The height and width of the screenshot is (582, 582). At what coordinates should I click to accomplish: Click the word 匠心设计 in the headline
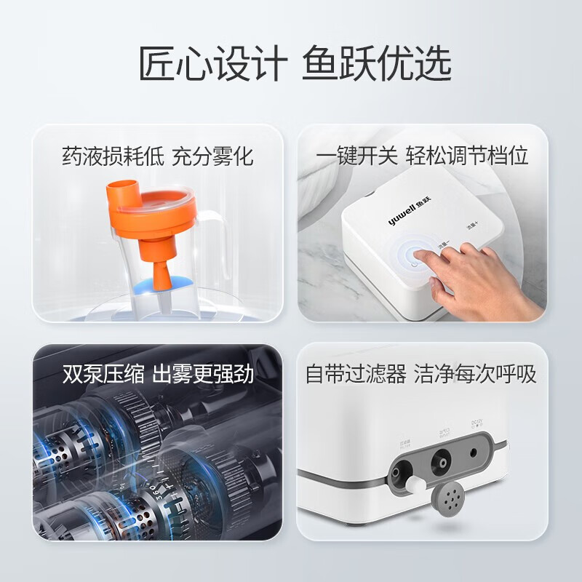pyautogui.click(x=212, y=63)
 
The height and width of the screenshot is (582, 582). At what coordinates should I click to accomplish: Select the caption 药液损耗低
pyautogui.click(x=107, y=156)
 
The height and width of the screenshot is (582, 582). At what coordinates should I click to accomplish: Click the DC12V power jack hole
pyautogui.click(x=475, y=452)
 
